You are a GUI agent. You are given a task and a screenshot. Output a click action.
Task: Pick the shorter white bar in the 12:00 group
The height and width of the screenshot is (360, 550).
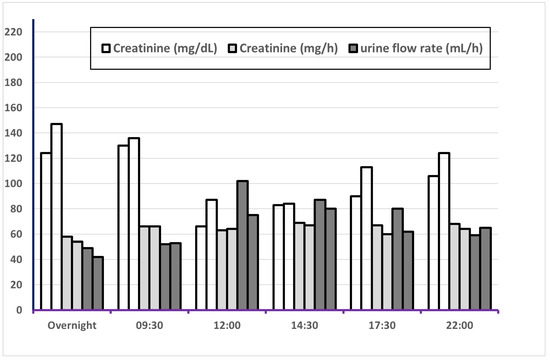pyautogui.click(x=201, y=268)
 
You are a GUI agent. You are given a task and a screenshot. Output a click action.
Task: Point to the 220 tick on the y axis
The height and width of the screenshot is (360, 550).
pyautogui.click(x=13, y=32)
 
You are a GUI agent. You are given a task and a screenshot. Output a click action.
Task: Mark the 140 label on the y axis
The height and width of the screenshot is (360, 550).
pyautogui.click(x=13, y=133)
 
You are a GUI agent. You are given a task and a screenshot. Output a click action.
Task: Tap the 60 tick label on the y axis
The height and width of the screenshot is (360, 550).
pyautogui.click(x=16, y=234)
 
